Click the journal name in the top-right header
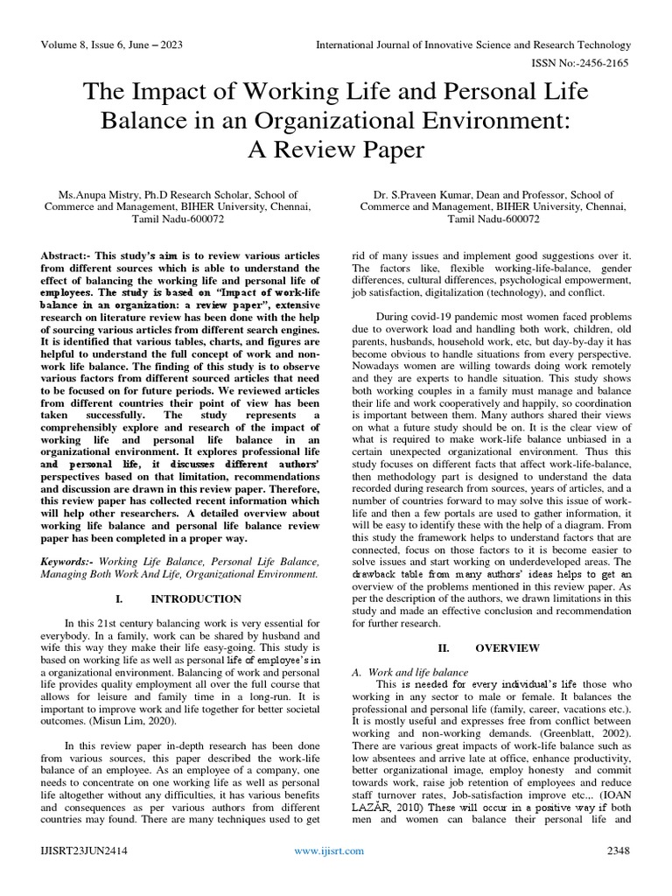tap(472, 45)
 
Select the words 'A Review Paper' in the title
tap(336, 150)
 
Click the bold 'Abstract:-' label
tap(66, 255)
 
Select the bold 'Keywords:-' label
tap(69, 559)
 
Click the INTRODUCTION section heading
tap(196, 599)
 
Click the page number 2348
tap(618, 874)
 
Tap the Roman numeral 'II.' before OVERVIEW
tap(443, 647)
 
